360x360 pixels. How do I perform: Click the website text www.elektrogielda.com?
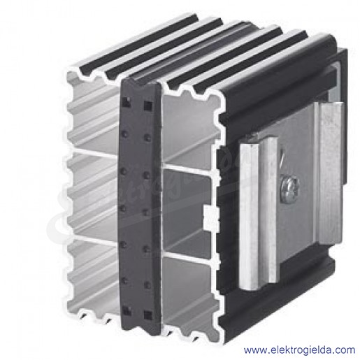tap(299, 350)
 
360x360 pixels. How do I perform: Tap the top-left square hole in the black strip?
tap(126, 101)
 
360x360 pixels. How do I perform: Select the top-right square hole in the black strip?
tap(147, 106)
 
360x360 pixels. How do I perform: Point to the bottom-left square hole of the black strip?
tap(127, 310)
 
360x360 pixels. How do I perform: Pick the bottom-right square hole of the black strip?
tap(148, 315)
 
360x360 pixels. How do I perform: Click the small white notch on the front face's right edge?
tap(212, 217)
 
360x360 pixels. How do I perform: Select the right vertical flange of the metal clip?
tap(331, 173)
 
